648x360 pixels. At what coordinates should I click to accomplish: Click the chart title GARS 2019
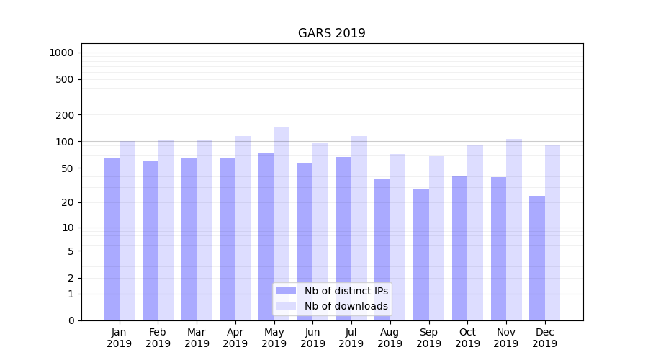point(331,33)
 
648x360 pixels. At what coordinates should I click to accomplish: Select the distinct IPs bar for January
point(112,238)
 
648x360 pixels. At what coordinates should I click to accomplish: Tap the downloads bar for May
point(282,223)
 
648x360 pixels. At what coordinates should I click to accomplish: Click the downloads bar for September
point(436,238)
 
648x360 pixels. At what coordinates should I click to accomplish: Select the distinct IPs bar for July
point(343,238)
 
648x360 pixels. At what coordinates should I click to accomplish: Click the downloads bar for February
point(166,230)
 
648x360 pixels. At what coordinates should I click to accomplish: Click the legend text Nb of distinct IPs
point(346,291)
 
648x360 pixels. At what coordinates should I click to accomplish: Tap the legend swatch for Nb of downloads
point(286,306)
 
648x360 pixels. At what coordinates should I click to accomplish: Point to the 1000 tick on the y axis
point(60,53)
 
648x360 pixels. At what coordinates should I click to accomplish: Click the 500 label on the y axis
point(65,79)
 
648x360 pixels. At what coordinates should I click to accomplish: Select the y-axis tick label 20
point(67,202)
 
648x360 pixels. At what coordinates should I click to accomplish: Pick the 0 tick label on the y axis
point(71,320)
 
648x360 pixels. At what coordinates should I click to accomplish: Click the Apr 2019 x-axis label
point(235,338)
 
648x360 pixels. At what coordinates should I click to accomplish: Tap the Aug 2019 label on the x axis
point(390,338)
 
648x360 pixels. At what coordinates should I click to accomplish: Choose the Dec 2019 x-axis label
point(545,338)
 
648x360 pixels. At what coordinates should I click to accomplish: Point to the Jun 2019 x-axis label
point(312,338)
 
